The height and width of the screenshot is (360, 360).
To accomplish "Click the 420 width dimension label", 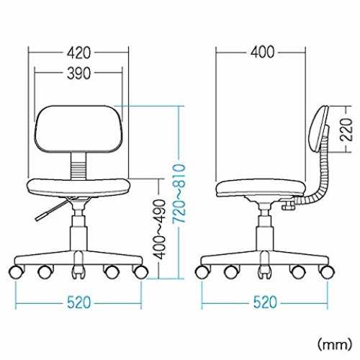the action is [78, 53].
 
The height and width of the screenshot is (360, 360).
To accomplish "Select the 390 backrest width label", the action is [78, 73].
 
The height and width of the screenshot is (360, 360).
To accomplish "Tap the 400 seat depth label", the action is [262, 52].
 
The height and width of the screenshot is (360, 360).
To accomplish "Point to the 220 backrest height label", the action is [347, 130].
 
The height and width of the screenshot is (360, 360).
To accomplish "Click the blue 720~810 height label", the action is [179, 194].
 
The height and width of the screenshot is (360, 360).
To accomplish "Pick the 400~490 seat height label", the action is [159, 229].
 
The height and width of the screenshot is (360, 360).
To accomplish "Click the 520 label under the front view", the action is [79, 302].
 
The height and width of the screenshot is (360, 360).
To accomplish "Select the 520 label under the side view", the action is [265, 302].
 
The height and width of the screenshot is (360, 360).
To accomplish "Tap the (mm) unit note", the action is [335, 344].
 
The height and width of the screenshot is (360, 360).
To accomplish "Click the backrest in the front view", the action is [78, 129].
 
